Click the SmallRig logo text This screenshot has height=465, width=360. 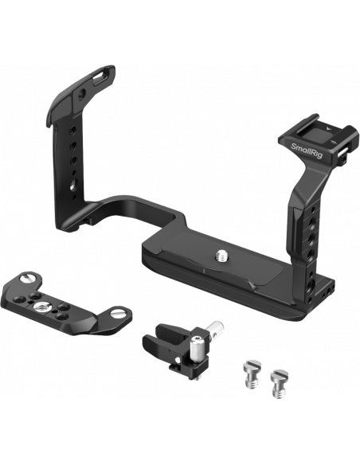[x=306, y=150]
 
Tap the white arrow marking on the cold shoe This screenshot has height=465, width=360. [x=327, y=128]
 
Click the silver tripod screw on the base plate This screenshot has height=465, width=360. [x=221, y=256]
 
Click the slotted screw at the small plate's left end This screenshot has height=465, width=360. [x=27, y=279]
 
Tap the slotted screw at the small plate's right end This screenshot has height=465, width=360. [x=118, y=312]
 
